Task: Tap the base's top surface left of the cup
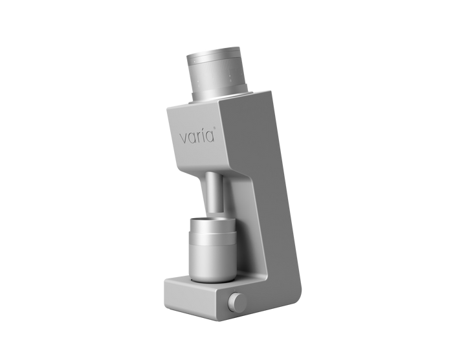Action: (x=176, y=280)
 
